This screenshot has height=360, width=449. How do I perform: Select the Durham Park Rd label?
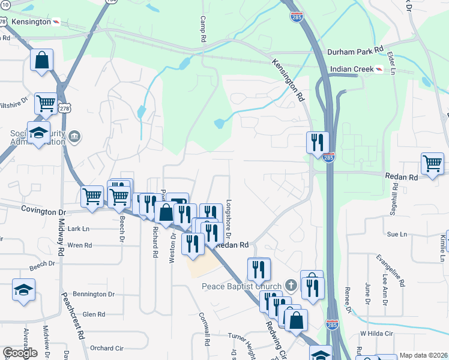(x=355, y=52)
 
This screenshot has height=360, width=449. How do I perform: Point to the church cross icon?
(x=291, y=284)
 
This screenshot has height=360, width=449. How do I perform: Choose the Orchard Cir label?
(x=106, y=348)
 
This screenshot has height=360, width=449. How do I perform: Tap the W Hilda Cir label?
(x=376, y=333)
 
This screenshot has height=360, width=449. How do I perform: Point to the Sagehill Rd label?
(x=395, y=199)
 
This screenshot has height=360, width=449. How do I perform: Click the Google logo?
(x=20, y=353)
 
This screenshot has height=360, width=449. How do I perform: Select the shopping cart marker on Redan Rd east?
(x=432, y=163)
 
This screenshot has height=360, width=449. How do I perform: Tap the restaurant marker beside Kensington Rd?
(x=318, y=142)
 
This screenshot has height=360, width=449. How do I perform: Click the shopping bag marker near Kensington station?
(x=41, y=59)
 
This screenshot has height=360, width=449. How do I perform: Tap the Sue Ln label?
(x=397, y=234)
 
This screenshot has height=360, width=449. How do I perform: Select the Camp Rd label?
(x=203, y=29)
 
